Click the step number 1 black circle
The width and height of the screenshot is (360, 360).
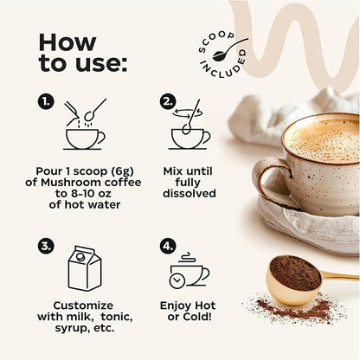point(46,101)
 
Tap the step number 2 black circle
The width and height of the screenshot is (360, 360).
point(168,101)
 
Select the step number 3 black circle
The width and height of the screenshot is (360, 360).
point(46,246)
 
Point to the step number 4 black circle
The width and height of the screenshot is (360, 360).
point(168,246)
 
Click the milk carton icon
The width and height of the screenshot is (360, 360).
point(85,268)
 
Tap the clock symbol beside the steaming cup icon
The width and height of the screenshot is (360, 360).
point(177,280)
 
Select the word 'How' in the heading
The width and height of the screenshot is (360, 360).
point(67,42)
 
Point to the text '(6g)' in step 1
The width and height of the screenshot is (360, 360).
point(123,171)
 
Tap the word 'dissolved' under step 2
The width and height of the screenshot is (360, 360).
point(190,193)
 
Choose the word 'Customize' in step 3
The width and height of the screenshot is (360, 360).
point(83,305)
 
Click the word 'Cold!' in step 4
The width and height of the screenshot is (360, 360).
point(200,317)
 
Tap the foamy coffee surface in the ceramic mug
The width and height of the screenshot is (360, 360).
point(323,140)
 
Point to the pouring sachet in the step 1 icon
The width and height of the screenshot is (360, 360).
point(72,113)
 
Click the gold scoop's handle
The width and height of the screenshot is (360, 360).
point(340,276)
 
